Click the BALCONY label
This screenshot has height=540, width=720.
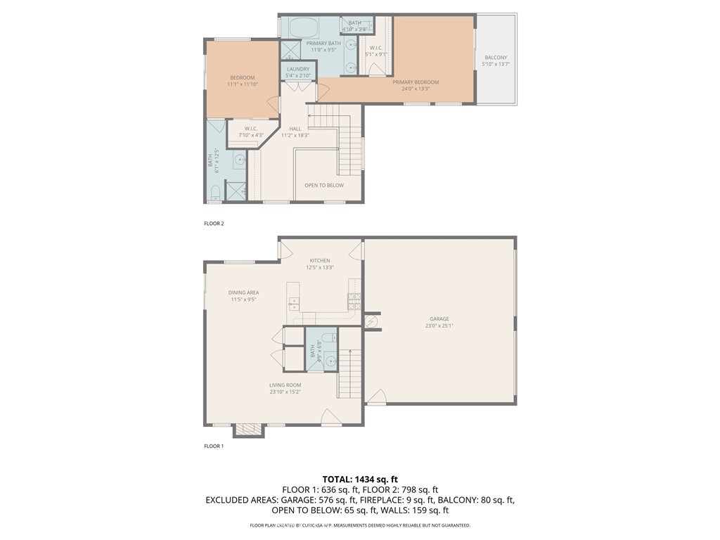click(496, 57)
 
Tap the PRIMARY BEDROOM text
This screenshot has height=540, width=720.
click(416, 82)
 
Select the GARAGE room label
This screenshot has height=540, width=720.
click(439, 319)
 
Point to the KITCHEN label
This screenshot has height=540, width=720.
click(320, 261)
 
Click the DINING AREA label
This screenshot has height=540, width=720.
click(244, 292)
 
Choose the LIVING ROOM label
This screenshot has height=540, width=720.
click(285, 385)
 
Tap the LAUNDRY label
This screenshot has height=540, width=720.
click(298, 69)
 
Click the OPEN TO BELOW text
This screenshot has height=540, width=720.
click(324, 186)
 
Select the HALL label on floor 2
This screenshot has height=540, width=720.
click(295, 128)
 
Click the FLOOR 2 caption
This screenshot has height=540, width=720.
click(214, 224)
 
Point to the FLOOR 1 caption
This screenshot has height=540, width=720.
click(214, 446)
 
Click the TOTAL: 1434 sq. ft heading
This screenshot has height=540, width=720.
click(360, 479)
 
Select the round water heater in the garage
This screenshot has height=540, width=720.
click(372, 321)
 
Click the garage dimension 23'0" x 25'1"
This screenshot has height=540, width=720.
click(439, 326)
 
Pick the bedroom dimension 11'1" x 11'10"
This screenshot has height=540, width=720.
click(243, 84)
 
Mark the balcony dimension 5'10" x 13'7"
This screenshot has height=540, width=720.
click(496, 64)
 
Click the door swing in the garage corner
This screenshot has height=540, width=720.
click(377, 397)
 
